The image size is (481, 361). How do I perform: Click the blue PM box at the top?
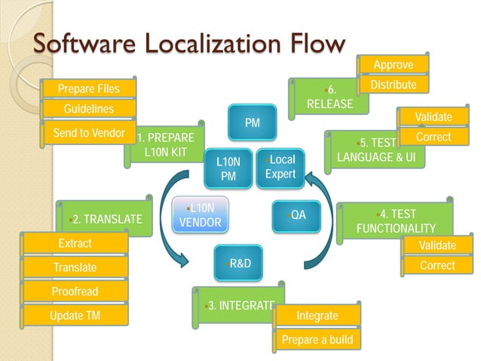(253, 122)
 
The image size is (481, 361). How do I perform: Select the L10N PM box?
(227, 168)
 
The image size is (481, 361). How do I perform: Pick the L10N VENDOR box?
(200, 214)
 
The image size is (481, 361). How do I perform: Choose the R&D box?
(239, 263)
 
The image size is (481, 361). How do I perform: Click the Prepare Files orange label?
(89, 88)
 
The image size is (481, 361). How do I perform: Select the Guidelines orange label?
(89, 110)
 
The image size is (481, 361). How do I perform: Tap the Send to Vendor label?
(89, 133)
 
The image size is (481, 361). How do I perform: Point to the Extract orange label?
(75, 243)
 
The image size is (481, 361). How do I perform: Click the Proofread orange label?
(75, 292)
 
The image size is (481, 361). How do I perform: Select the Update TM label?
(75, 315)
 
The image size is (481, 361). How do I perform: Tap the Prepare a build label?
(317, 340)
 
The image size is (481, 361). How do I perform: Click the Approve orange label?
(394, 65)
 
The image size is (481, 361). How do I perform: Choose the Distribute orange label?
(393, 85)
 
